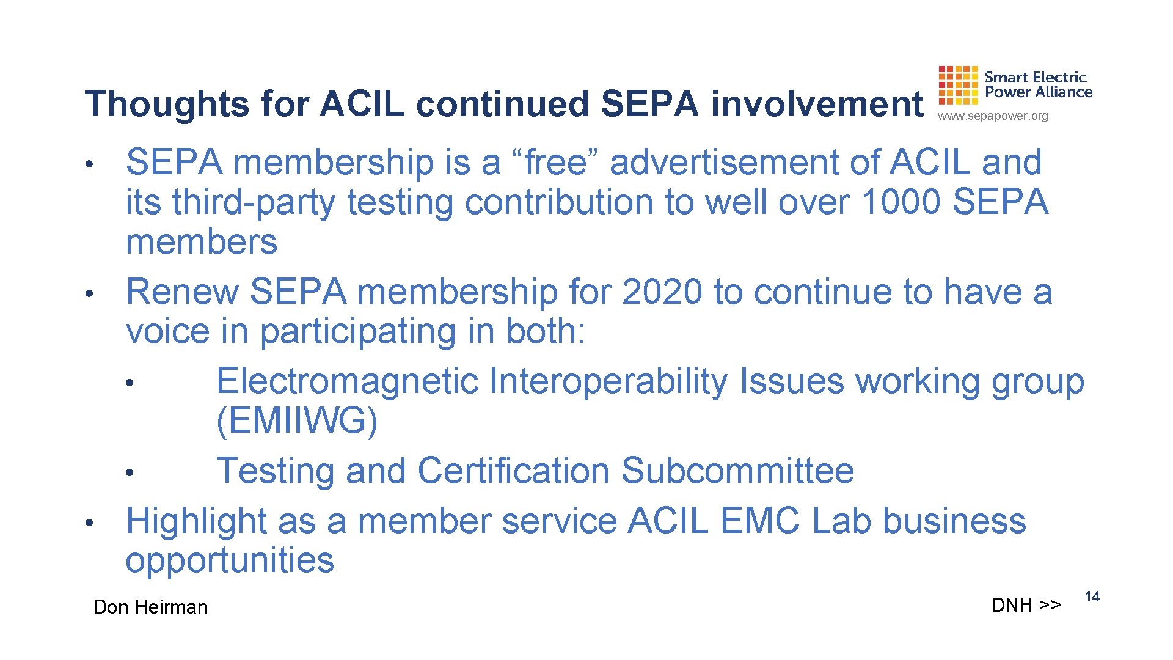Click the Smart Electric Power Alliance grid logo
point(958,85)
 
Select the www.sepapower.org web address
point(993,116)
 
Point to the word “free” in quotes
point(556,163)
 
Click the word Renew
point(181,291)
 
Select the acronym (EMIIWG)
point(297,421)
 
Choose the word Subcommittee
point(737,471)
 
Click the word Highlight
point(196,521)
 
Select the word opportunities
point(230,560)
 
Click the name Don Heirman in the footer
point(150,607)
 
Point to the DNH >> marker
point(1026,605)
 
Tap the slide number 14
point(1092,596)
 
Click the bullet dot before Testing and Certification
point(129,473)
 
